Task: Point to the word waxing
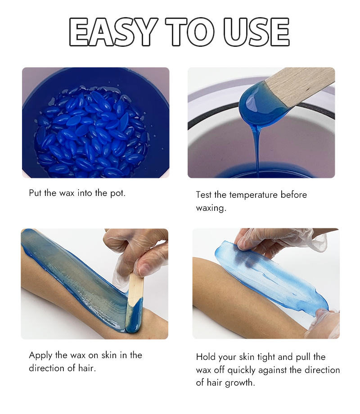(x=211, y=208)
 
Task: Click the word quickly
(x=256, y=370)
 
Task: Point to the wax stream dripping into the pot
(x=257, y=144)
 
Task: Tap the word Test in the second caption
(x=204, y=195)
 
